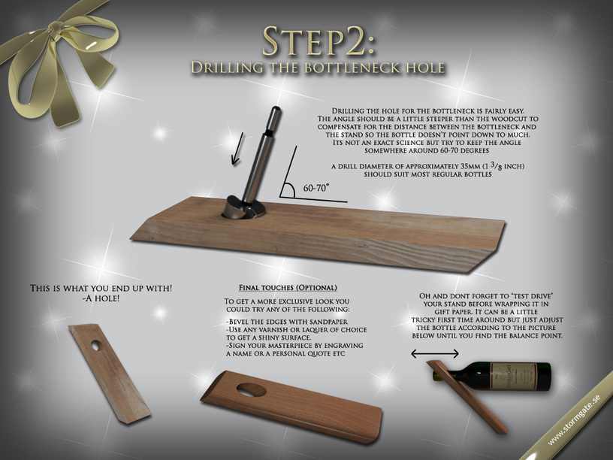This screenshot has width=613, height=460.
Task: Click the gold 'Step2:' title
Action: (x=318, y=41)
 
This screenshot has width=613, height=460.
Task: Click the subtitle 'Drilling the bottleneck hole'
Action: (x=318, y=68)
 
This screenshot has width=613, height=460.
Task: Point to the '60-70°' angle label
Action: (x=316, y=188)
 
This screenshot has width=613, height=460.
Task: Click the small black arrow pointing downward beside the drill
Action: (x=237, y=149)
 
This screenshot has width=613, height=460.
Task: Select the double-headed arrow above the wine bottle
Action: (x=435, y=353)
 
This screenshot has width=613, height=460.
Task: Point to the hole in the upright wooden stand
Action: (x=95, y=345)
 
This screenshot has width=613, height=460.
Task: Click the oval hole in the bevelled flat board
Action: (x=252, y=389)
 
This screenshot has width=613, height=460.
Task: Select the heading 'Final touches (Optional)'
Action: (x=288, y=288)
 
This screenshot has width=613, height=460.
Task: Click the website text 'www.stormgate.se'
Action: (x=573, y=419)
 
